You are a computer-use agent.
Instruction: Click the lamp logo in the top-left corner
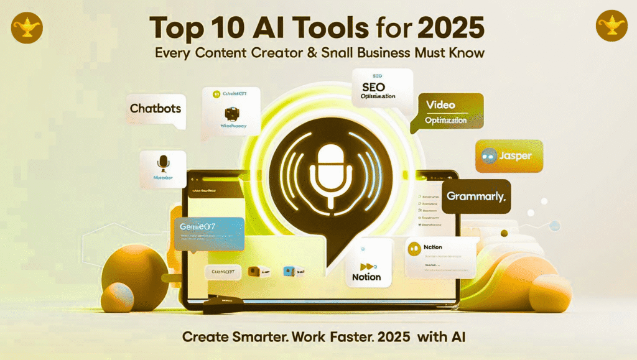click(x=27, y=27)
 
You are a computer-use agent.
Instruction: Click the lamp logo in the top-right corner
click(x=611, y=27)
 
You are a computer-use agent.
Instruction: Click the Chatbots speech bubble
click(x=156, y=109)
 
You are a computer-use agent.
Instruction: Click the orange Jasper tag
click(x=509, y=156)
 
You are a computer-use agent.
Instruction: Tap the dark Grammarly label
click(x=477, y=196)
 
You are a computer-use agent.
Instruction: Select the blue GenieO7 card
click(x=208, y=233)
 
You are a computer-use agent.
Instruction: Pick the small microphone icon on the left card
click(x=163, y=163)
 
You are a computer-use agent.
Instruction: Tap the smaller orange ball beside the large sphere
click(x=116, y=298)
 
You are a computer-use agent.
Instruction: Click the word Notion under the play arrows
click(x=366, y=277)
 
